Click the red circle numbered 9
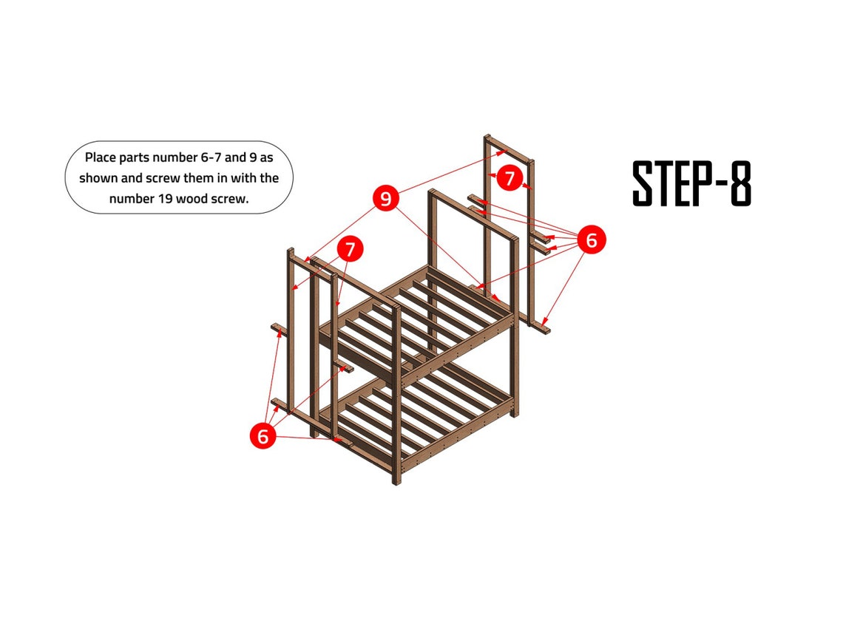[x=386, y=198]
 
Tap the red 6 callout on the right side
[x=591, y=239]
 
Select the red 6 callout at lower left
[x=263, y=436]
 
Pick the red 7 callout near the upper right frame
[x=509, y=178]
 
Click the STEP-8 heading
[x=691, y=184]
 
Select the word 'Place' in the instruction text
[x=100, y=157]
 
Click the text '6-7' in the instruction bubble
[x=193, y=157]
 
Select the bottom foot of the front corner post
[x=396, y=479]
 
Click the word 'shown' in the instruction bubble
[x=96, y=178]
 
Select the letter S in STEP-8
[x=644, y=184]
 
